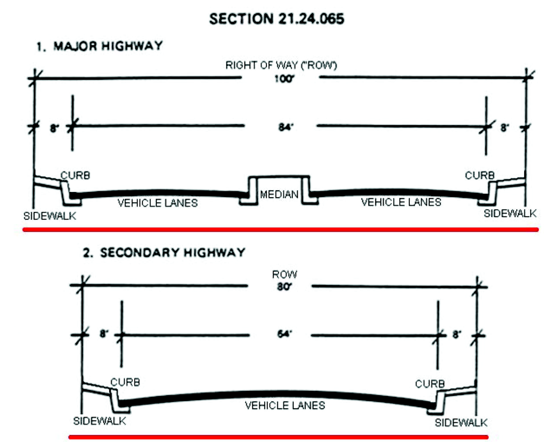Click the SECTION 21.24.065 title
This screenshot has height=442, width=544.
pos(277,19)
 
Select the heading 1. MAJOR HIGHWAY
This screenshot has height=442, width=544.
pos(100,46)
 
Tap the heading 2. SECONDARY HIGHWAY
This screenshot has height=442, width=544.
pos(164,253)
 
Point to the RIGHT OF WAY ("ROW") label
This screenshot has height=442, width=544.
pos(281,65)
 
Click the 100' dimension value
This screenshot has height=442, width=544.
pos(284,79)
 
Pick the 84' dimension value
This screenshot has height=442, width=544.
pos(286,127)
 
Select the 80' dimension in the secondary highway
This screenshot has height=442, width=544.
pos(284,286)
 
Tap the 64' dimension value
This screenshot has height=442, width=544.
pos(285,334)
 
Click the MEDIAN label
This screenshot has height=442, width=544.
pos(279,195)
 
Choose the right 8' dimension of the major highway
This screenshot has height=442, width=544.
pos(505,128)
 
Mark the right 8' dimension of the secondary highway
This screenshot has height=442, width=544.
pos(457,334)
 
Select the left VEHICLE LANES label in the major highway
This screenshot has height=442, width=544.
pos(157,203)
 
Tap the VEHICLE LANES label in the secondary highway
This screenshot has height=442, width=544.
pos(285,405)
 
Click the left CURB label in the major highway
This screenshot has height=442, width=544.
pos(75,175)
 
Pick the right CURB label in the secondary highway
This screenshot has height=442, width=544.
pos(430,384)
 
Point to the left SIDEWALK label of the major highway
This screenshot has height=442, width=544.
pos(50,216)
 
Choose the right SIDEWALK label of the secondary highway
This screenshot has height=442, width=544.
pos(461,423)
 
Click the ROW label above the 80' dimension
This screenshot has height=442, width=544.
pos(284,274)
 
